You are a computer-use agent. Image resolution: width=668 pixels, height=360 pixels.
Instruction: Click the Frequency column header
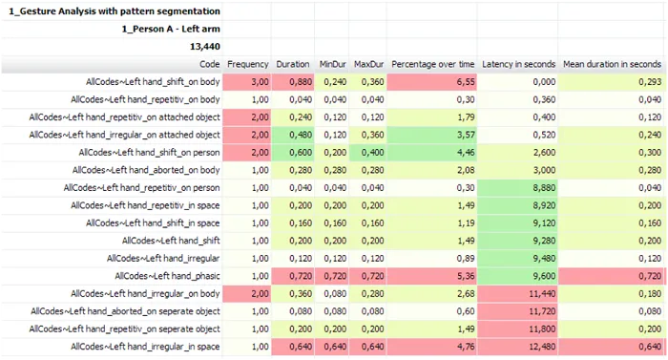coord(248,64)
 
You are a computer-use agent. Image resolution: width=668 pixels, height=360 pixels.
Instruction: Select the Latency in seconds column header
coord(518,64)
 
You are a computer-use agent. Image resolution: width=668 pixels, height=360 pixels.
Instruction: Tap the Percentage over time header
coord(432,64)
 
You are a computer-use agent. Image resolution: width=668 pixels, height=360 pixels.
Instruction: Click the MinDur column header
coord(332,64)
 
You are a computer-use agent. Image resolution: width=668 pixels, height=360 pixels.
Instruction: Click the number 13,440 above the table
coord(205,46)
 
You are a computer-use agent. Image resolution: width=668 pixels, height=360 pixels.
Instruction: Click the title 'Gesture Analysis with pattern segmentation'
coord(115,11)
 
